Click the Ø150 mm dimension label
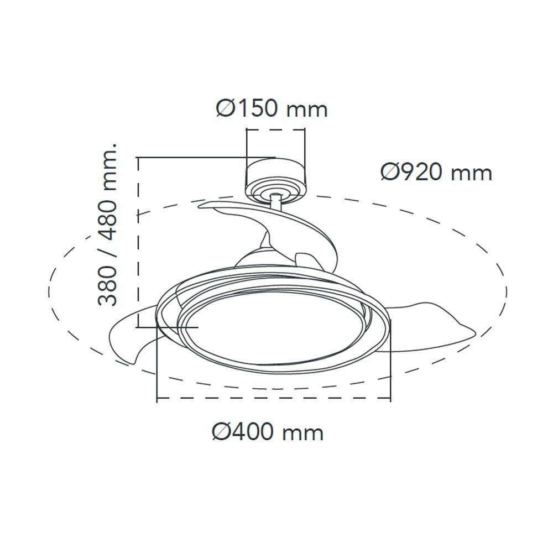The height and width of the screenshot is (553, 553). pyautogui.click(x=272, y=108)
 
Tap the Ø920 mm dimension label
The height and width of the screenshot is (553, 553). pyautogui.click(x=436, y=173)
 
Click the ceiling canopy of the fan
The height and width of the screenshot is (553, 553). pyautogui.click(x=275, y=174)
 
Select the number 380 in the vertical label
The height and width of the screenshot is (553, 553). pyautogui.click(x=108, y=285)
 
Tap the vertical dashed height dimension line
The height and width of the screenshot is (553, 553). pyautogui.click(x=138, y=243)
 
